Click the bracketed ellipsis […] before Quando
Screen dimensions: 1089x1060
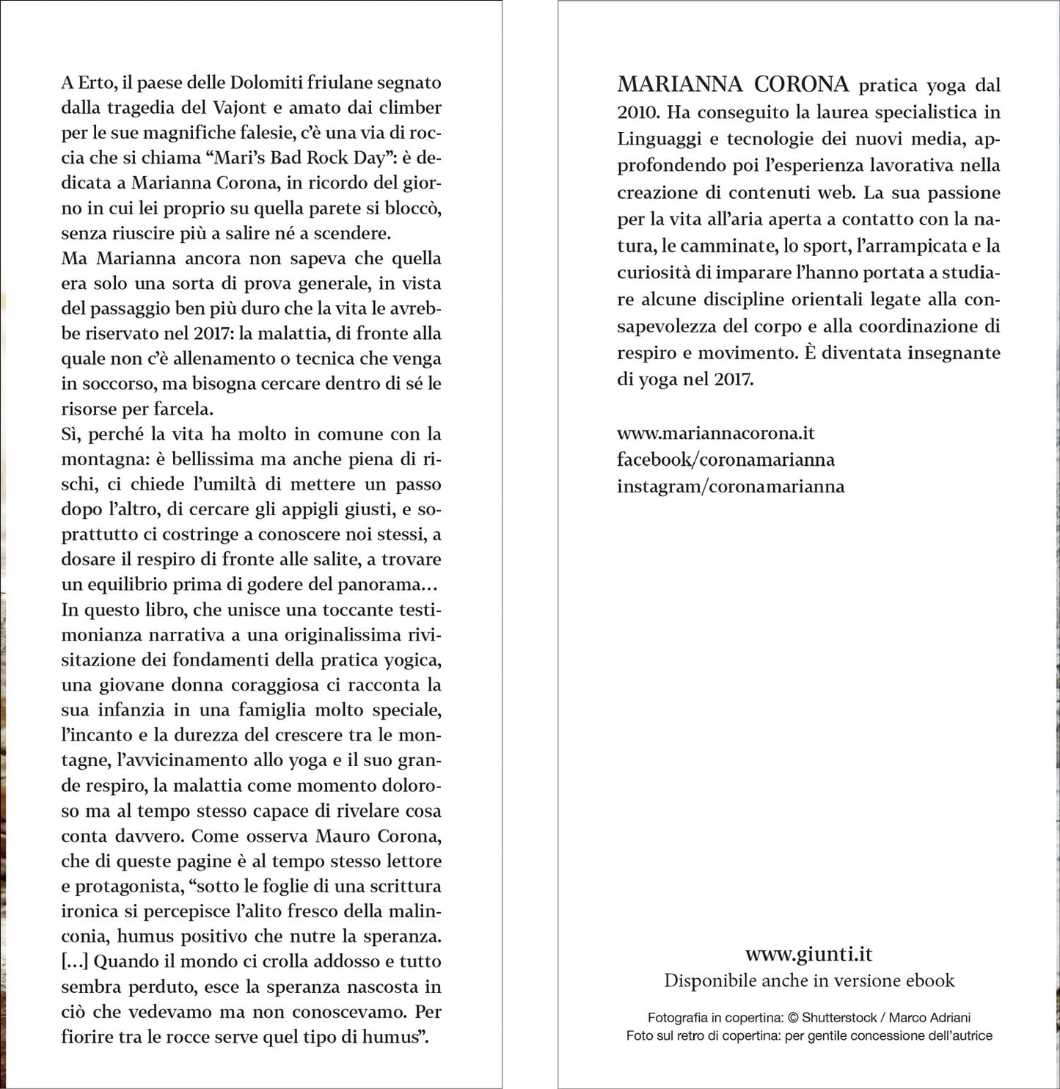tap(74, 961)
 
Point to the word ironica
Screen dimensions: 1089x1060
tap(89, 911)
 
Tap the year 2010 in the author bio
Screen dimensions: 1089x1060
tap(638, 112)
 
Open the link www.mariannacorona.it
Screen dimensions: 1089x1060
tap(715, 433)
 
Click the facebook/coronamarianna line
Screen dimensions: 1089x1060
tap(725, 459)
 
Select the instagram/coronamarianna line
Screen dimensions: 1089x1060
tap(731, 486)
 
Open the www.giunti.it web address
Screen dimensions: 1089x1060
tap(808, 954)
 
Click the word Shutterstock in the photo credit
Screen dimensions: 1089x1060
tap(839, 1018)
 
